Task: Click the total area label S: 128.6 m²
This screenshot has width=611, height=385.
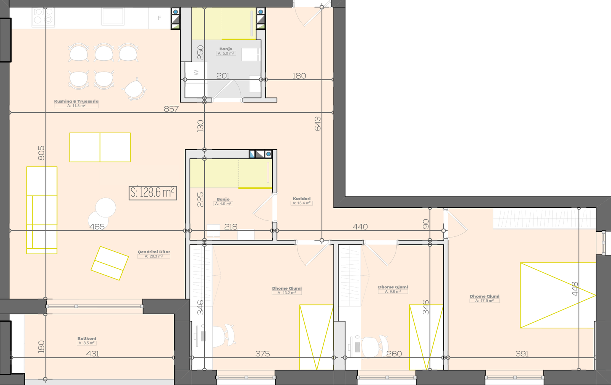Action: (x=153, y=193)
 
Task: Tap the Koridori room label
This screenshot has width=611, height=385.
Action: (x=302, y=199)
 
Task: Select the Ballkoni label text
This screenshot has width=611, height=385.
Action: (x=87, y=339)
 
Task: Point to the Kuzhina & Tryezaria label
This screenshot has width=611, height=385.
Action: (x=76, y=101)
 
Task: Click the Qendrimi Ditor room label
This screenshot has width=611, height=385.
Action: (x=154, y=252)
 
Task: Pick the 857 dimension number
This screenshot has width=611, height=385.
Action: (x=171, y=109)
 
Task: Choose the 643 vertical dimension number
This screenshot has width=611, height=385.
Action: (x=317, y=124)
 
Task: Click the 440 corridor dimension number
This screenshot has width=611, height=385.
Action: (x=360, y=227)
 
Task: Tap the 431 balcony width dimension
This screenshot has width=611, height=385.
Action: (x=92, y=354)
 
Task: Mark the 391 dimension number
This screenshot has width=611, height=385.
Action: (x=522, y=354)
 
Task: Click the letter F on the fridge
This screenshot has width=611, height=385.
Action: (x=160, y=18)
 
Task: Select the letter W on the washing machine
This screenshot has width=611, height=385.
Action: (x=196, y=73)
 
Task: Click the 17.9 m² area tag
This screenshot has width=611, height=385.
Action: (x=485, y=301)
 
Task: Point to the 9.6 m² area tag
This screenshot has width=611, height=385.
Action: (x=393, y=291)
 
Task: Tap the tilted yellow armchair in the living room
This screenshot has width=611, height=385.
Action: (x=110, y=263)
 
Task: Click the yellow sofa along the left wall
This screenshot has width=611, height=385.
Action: (x=42, y=210)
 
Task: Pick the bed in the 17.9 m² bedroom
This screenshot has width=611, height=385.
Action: (x=558, y=295)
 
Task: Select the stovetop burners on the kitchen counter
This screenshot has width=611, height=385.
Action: (x=43, y=17)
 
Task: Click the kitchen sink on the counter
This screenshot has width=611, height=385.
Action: (x=113, y=16)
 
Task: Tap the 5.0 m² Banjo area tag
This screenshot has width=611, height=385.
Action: (x=226, y=53)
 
